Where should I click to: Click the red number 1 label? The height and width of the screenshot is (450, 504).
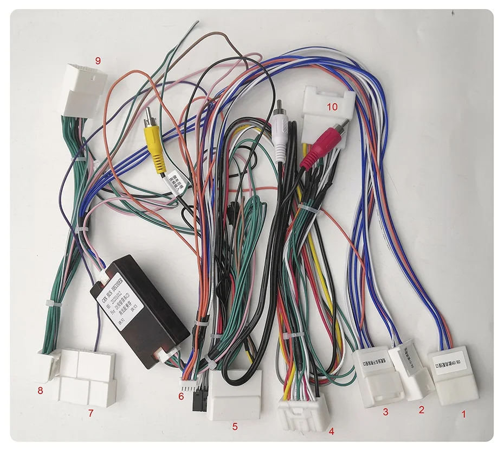tap(463, 414)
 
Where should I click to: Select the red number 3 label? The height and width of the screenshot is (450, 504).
tap(385, 412)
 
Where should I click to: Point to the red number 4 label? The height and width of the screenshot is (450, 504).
tap(331, 432)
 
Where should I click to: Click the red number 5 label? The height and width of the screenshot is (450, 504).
tap(235, 427)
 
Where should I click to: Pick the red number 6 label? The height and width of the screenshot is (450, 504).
tap(181, 397)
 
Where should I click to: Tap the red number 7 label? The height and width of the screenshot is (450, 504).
tap(91, 413)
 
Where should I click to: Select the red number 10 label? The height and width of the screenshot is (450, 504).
tap(332, 107)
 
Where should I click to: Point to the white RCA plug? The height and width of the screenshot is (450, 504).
tap(280, 136)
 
